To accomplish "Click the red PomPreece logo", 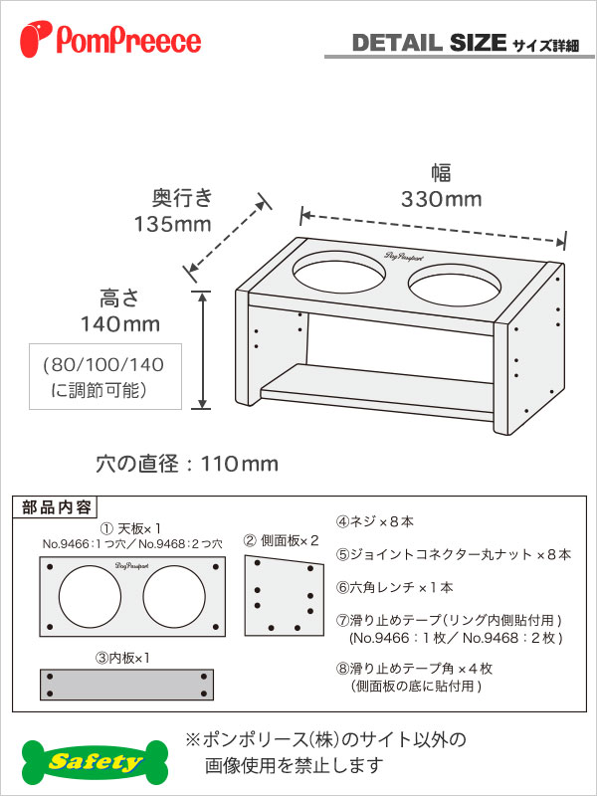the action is [110, 38].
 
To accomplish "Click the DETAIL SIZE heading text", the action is [429, 43].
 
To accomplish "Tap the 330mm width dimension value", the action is [441, 200].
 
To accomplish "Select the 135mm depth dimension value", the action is [172, 224].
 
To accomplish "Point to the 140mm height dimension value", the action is [120, 324].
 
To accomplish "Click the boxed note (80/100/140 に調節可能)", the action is [105, 376].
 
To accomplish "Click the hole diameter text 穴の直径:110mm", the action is [187, 464].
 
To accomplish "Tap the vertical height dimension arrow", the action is [203, 350].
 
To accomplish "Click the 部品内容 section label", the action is [57, 507].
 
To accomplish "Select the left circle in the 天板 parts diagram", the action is [90, 596].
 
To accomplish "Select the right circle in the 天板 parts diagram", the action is [174, 596].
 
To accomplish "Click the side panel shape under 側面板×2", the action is [284, 595].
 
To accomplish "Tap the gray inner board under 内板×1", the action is [127, 685].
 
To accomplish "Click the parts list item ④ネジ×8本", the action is [375, 521].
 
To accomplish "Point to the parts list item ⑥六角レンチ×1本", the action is [394, 587].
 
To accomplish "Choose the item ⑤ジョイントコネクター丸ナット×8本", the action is [453, 554].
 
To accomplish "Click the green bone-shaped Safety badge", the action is [95, 762].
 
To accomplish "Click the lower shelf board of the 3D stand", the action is [376, 391].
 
